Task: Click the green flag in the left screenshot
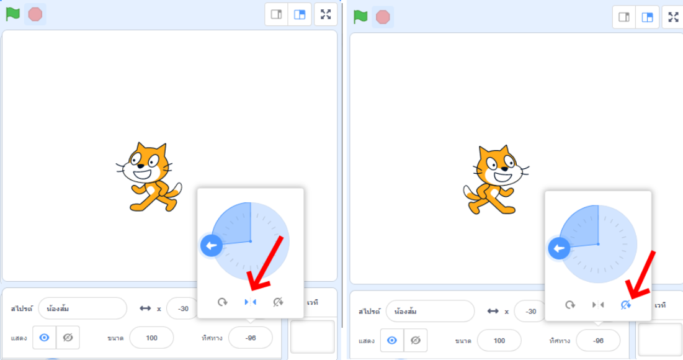(13, 14)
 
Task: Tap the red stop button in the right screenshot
(383, 17)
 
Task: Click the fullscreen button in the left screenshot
(326, 14)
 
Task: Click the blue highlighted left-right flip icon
(250, 302)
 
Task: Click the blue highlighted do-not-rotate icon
(626, 305)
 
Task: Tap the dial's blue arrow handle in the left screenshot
(212, 245)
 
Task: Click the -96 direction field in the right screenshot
(598, 341)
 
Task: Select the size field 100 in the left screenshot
(151, 338)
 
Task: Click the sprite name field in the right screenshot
(430, 311)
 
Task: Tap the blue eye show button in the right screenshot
(392, 340)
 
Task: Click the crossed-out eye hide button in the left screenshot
(68, 338)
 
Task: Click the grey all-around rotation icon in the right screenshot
(569, 305)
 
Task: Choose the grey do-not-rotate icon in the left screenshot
(278, 302)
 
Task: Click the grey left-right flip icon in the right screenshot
(598, 305)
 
